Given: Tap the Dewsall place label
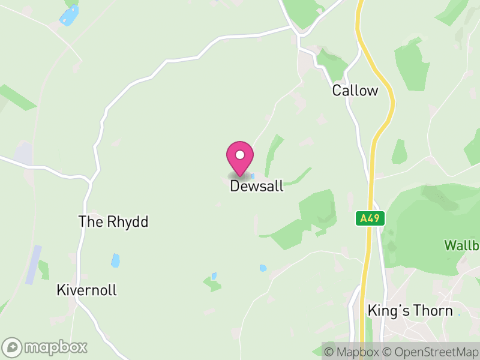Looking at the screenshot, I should click(x=256, y=187).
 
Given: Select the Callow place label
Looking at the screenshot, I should click(x=355, y=91).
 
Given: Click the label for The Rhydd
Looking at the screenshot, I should click(x=113, y=221).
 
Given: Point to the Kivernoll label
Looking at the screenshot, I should click(x=86, y=290).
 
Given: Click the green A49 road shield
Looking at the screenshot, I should click(x=370, y=218).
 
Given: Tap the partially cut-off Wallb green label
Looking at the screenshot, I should click(x=461, y=245).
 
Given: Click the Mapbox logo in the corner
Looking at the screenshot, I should click(x=46, y=347).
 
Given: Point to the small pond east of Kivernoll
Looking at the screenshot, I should click(x=115, y=260).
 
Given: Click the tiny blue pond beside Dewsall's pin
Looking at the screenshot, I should click(x=253, y=176).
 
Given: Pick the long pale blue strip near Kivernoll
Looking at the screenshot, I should click(x=34, y=265).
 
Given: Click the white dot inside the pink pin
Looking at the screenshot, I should click(x=240, y=155).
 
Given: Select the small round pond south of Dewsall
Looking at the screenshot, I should click(x=262, y=268).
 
